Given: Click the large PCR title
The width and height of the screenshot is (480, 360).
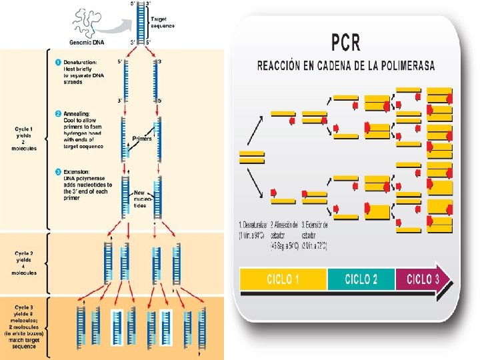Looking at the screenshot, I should click(x=346, y=43).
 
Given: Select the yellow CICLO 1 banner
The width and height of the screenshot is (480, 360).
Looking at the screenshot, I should click(x=282, y=279).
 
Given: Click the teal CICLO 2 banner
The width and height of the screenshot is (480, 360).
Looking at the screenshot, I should click(x=361, y=279).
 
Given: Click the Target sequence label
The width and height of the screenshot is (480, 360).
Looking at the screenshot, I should click(x=163, y=23).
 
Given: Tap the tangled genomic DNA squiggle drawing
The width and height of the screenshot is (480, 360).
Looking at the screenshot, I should click(x=91, y=21).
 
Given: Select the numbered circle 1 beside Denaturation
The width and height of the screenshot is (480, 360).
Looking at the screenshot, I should click(x=59, y=62).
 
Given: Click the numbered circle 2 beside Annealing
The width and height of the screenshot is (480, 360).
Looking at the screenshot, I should click(x=59, y=113).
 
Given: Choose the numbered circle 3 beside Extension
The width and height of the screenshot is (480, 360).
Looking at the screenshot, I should click(x=59, y=171).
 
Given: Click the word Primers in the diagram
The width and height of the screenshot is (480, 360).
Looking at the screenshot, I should click(x=142, y=139).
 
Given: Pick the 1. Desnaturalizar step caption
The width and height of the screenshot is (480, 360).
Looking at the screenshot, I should click(x=253, y=231).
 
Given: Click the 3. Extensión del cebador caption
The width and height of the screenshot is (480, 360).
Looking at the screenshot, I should click(x=315, y=231).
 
